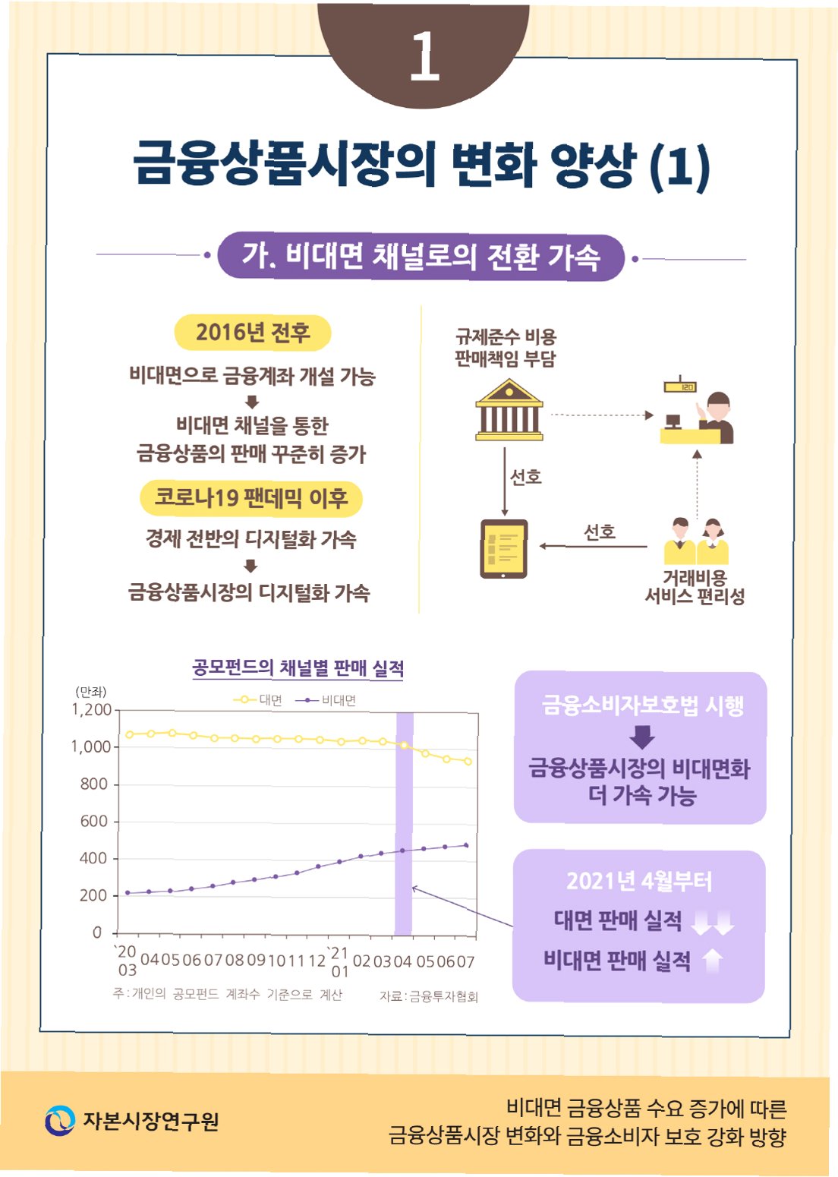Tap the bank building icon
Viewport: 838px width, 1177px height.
point(509,410)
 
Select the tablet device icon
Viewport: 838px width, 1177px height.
point(503,549)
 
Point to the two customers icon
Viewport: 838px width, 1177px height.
point(696,541)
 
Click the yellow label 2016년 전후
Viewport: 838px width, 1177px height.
point(253,333)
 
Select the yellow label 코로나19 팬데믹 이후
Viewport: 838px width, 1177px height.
point(251,498)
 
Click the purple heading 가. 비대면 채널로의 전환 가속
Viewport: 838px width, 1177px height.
point(421,257)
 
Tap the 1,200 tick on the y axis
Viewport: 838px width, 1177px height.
point(91,710)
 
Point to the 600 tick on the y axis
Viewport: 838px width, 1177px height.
point(95,821)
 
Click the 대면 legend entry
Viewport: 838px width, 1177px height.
point(258,700)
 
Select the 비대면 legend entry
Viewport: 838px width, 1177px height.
point(326,700)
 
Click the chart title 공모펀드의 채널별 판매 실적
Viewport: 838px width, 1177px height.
point(298,667)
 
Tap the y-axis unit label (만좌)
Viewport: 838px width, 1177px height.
point(91,692)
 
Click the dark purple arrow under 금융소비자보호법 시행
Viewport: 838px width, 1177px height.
point(642,737)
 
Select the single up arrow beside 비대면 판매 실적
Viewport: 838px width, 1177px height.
point(713,961)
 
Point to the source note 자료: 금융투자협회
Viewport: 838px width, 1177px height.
point(429,997)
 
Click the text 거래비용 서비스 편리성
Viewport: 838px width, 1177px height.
point(695,587)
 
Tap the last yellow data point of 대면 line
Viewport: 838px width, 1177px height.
point(468,762)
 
